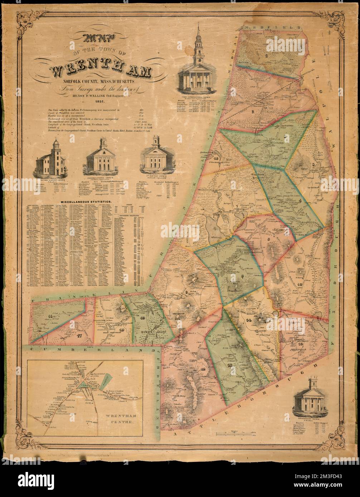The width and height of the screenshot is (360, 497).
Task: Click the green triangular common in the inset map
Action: point(82,384)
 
